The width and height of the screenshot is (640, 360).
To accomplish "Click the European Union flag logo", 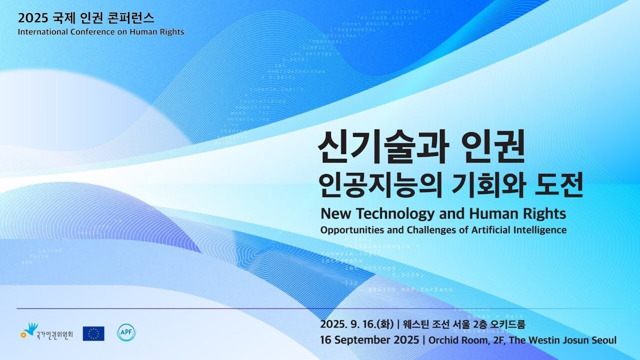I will (93, 334).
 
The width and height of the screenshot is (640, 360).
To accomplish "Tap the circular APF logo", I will (126, 333).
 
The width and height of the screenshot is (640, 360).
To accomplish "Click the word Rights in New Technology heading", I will (545, 214).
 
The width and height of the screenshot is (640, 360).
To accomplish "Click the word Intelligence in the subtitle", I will (541, 230).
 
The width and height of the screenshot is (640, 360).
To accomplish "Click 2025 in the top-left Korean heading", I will (32, 18).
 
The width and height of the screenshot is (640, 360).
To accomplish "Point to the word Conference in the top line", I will (88, 32).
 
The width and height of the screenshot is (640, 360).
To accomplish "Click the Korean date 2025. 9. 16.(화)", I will (357, 324).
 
